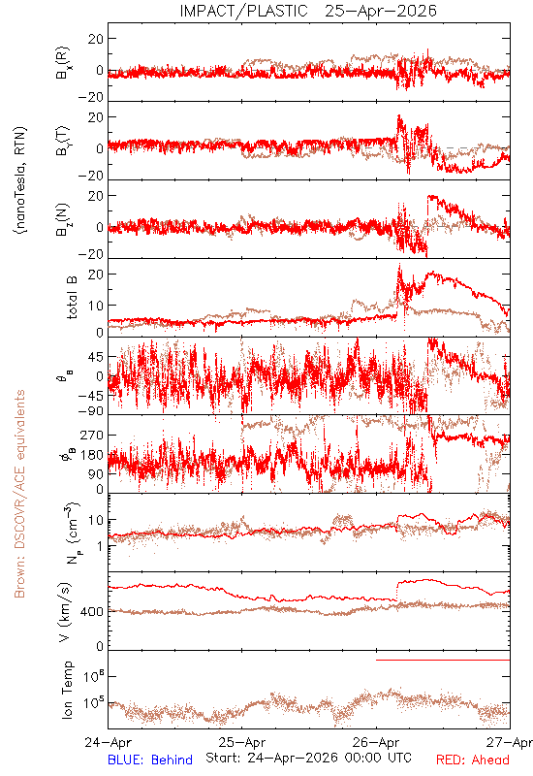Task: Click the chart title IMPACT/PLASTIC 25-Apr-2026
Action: pyautogui.click(x=308, y=11)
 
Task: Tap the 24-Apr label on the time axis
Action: pyautogui.click(x=108, y=742)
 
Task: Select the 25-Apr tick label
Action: pyautogui.click(x=241, y=742)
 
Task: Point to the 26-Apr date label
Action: pyautogui.click(x=376, y=742)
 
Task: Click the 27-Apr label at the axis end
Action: pyautogui.click(x=510, y=742)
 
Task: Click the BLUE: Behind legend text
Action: pyautogui.click(x=150, y=760)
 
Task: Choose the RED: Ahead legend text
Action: pyautogui.click(x=473, y=760)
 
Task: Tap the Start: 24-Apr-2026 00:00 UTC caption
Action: pyautogui.click(x=308, y=758)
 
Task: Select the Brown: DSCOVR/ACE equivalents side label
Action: pyautogui.click(x=19, y=494)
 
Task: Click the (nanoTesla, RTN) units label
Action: pyautogui.click(x=20, y=180)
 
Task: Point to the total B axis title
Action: pyautogui.click(x=71, y=298)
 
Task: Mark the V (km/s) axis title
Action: pyautogui.click(x=65, y=612)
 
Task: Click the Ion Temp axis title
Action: pyautogui.click(x=67, y=690)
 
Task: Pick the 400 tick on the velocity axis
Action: pyautogui.click(x=92, y=612)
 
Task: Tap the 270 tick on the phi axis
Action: pyautogui.click(x=92, y=436)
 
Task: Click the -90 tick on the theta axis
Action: pyautogui.click(x=91, y=411)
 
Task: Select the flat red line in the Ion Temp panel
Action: pyautogui.click(x=443, y=660)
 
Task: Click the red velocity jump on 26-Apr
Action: pyautogui.click(x=397, y=592)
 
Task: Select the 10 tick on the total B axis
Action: pyautogui.click(x=97, y=306)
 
